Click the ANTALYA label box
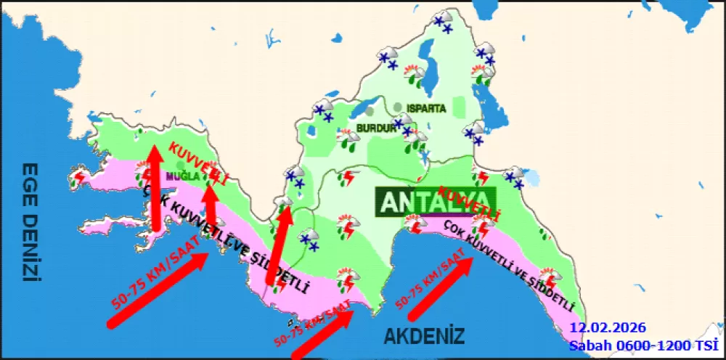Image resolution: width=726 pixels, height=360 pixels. click(434, 201)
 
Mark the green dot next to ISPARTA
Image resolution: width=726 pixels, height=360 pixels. click(398, 107)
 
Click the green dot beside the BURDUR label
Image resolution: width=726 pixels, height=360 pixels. click(370, 112)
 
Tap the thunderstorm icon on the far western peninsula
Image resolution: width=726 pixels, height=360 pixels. click(79, 176)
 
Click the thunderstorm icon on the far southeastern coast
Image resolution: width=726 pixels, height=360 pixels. click(552, 278)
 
